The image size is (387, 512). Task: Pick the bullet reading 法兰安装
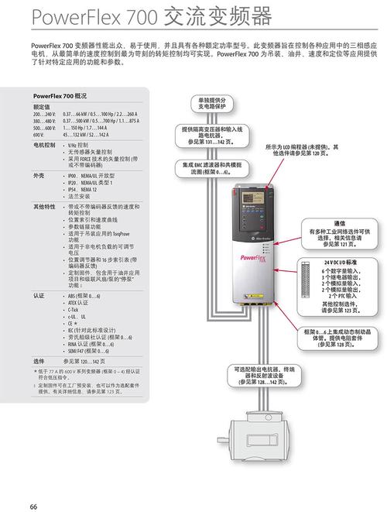click(80, 196)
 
